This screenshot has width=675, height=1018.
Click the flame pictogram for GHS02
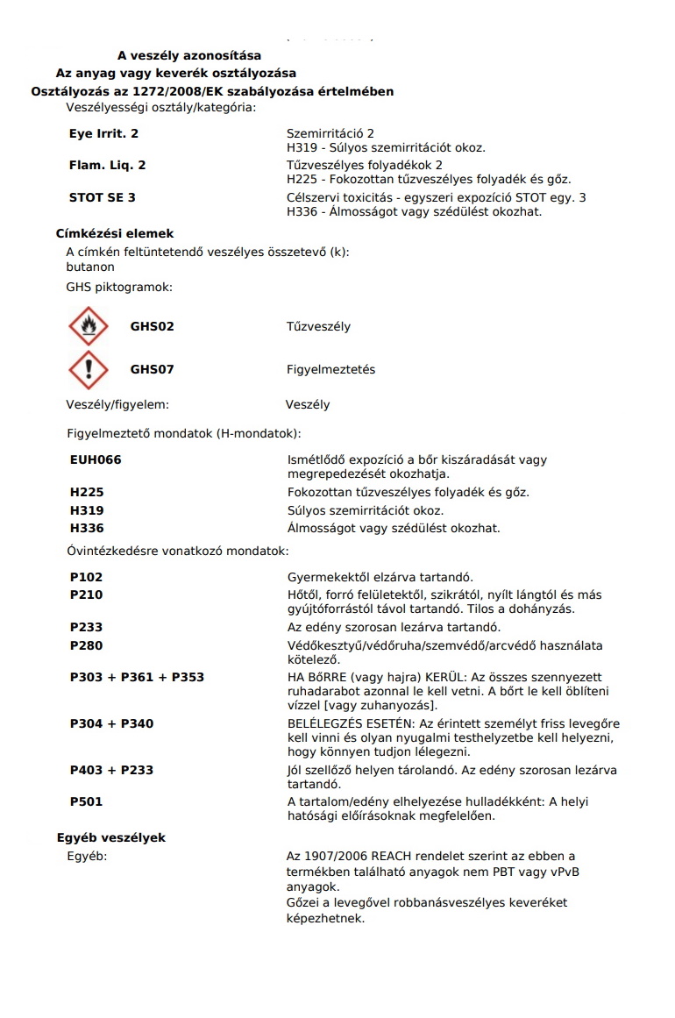click(88, 327)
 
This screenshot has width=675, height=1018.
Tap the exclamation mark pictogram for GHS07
click(88, 370)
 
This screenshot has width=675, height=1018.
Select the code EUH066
click(96, 459)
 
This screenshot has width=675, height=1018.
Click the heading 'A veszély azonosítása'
click(189, 55)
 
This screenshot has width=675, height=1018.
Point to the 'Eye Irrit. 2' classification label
click(103, 134)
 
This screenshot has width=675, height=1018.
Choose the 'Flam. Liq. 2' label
click(107, 165)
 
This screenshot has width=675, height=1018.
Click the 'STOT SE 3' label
click(102, 197)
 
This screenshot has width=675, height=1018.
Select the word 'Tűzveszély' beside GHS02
click(318, 327)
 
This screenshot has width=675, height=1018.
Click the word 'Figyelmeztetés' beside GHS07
click(330, 370)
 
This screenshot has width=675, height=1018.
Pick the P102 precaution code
click(86, 577)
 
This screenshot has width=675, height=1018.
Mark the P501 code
click(86, 801)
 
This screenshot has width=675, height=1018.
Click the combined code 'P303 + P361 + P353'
click(137, 678)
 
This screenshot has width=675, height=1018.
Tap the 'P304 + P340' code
click(111, 723)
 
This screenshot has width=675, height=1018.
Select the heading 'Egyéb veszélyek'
click(111, 838)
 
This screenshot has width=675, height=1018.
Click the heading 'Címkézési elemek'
click(115, 234)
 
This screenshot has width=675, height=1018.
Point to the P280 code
click(86, 645)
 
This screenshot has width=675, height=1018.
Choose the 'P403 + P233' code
click(111, 770)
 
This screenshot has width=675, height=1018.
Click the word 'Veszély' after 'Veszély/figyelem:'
click(308, 405)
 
